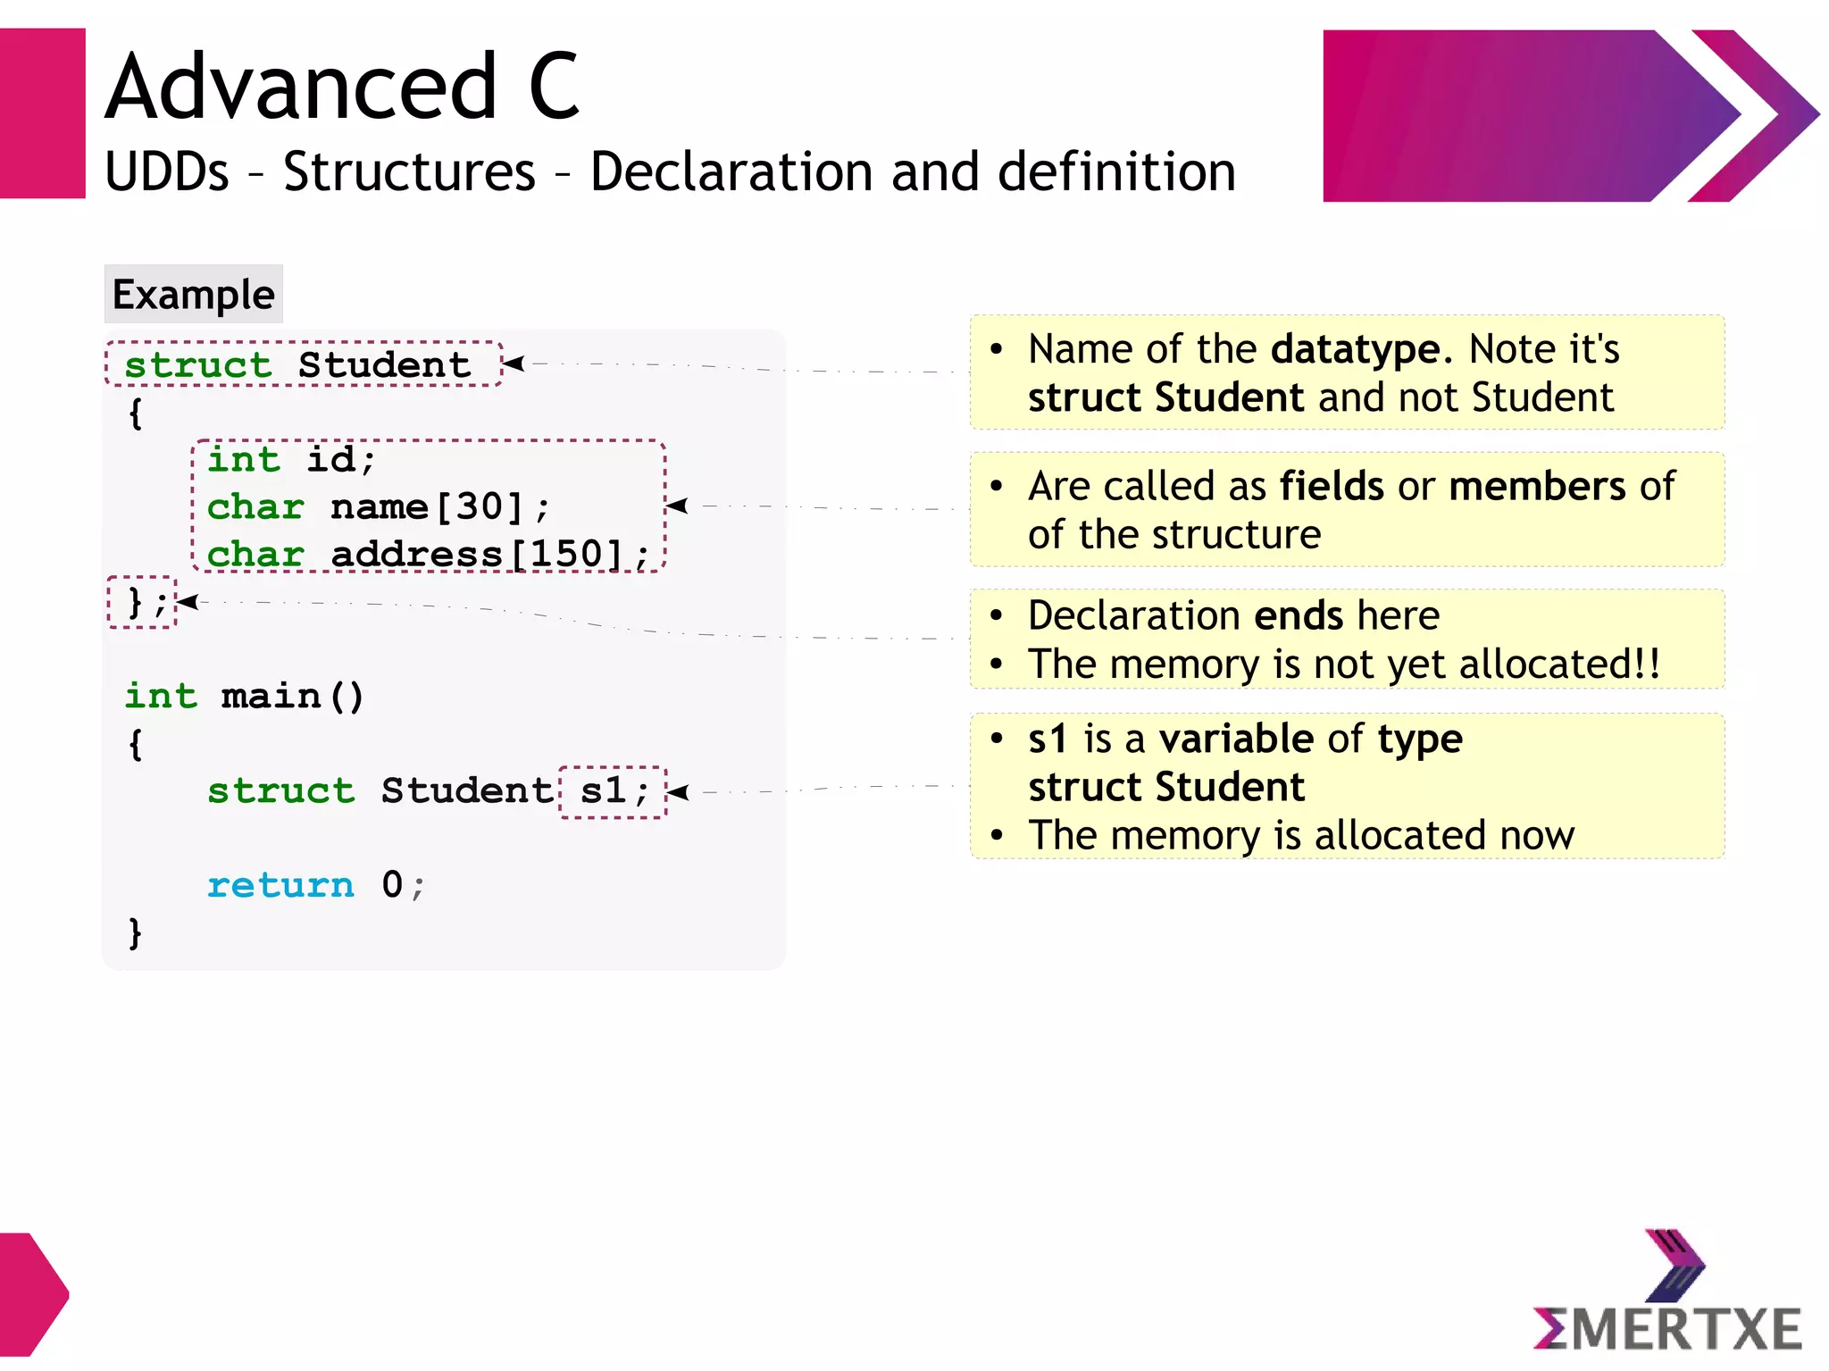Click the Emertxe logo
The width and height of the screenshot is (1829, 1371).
[1666, 1295]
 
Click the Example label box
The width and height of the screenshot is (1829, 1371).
[193, 294]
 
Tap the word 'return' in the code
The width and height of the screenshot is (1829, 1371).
[280, 884]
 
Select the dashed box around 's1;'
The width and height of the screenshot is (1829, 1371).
[614, 791]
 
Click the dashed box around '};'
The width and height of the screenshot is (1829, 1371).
[142, 602]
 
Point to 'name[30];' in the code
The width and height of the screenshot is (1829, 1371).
[439, 506]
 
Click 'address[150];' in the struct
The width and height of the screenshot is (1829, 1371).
[489, 554]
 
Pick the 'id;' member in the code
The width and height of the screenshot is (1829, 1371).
[340, 459]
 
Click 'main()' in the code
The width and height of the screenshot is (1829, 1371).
[292, 696]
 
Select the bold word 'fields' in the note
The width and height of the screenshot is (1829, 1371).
[1332, 486]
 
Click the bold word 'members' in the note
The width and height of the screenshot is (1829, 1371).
[1537, 486]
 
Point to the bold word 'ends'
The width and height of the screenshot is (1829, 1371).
[1299, 615]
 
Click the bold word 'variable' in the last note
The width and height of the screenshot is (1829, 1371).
[1236, 739]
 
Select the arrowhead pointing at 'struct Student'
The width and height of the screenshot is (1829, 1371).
[513, 364]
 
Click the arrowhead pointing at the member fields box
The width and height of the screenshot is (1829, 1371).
[677, 506]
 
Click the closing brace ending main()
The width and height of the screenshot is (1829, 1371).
[135, 932]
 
